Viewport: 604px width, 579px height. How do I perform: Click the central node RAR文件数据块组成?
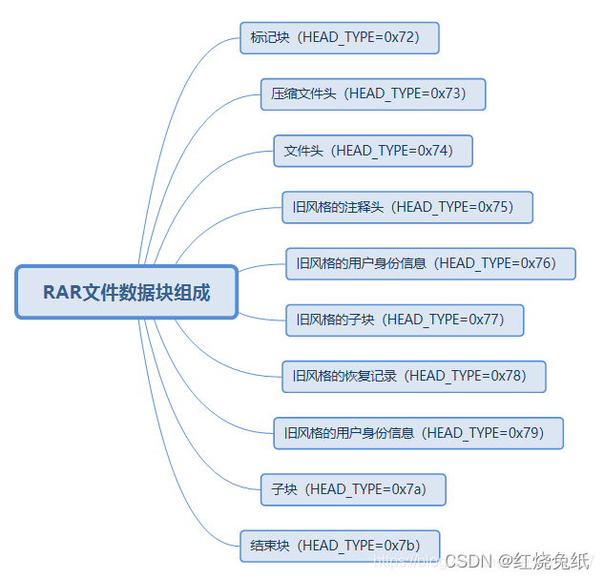[127, 292]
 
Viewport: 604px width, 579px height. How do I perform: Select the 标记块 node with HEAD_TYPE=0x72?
[340, 39]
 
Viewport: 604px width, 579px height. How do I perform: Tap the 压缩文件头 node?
[373, 94]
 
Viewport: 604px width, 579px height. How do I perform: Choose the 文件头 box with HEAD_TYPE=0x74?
[373, 151]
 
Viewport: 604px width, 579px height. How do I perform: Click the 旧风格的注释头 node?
[406, 207]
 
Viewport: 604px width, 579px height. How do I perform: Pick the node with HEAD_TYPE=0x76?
[430, 263]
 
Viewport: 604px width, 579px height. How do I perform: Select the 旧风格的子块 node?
[405, 320]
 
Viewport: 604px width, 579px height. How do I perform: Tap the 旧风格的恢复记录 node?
[413, 376]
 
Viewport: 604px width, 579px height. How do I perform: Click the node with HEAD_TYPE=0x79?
[418, 432]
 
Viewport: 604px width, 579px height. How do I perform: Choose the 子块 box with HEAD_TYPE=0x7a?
[353, 489]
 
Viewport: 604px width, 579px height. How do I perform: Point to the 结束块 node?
[340, 546]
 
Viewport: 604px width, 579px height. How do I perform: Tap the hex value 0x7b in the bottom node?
[401, 546]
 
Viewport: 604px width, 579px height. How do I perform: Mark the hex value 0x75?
[494, 207]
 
